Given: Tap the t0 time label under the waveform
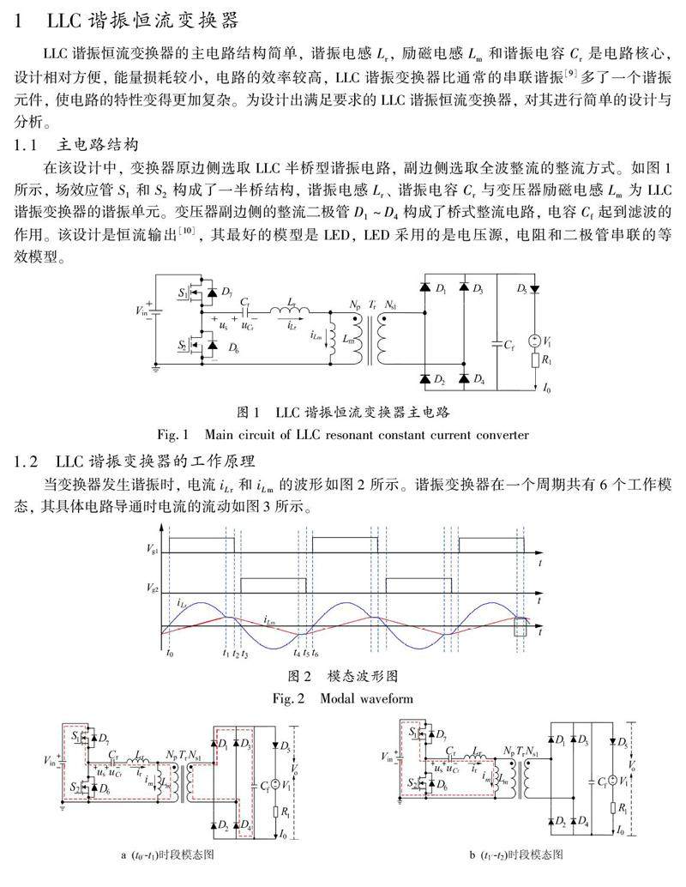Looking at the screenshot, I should click(x=169, y=655).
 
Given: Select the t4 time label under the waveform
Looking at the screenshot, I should click(x=297, y=655).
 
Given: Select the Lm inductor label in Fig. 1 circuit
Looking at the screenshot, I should click(x=347, y=339).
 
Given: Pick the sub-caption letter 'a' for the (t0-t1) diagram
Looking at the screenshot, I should click(x=124, y=855).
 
